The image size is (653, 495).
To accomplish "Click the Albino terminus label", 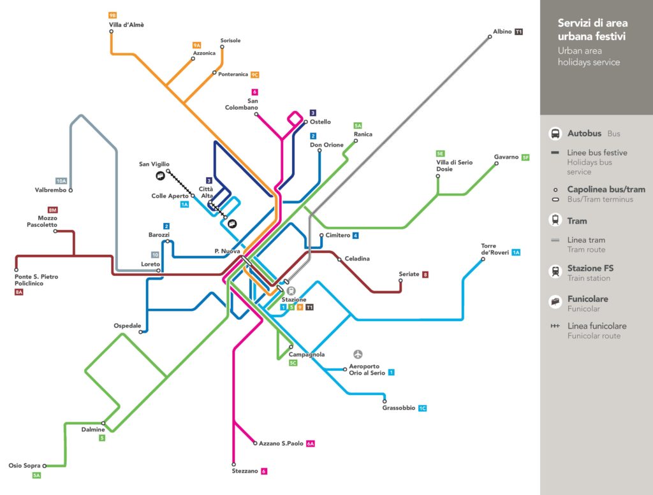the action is click(503, 32).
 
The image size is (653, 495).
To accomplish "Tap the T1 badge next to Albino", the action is click(518, 32).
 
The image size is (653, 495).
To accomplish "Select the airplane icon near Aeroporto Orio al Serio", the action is click(358, 354).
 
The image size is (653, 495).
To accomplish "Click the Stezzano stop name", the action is click(245, 471).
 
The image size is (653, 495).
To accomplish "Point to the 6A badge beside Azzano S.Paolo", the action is click(311, 444).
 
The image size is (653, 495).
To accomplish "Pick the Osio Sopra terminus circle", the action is click(45, 466).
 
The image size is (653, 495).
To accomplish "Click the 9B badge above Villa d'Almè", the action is click(112, 15).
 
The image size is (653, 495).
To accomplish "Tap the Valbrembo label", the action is click(50, 190).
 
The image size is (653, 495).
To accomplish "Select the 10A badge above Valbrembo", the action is click(61, 181).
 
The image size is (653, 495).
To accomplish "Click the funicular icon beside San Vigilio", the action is click(160, 176).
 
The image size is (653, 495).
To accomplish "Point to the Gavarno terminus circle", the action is click(496, 164).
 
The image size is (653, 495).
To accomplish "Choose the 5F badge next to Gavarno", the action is click(525, 157).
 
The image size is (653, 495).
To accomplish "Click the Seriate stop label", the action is click(409, 274).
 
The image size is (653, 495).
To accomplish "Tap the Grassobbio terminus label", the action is click(399, 408).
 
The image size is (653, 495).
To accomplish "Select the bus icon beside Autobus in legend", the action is click(555, 134).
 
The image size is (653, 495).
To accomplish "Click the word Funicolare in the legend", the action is click(587, 299).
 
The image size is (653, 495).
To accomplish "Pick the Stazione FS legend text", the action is click(591, 268).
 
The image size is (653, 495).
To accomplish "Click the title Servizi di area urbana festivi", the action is click(592, 29).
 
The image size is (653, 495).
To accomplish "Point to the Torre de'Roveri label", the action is click(495, 249).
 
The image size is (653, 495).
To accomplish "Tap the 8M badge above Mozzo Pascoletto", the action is click(52, 210).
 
